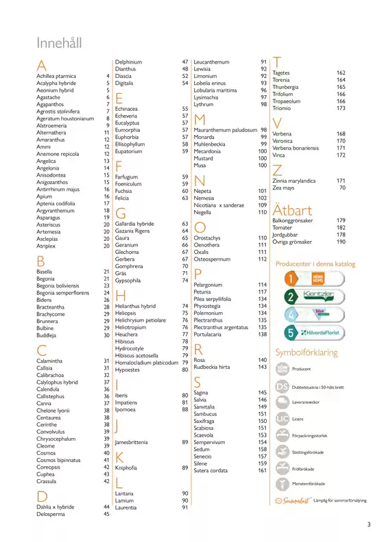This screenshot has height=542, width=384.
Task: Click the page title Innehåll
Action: [x=59, y=43]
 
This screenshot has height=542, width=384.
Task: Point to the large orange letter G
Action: [x=120, y=212]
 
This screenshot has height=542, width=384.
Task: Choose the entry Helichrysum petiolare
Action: [x=141, y=320]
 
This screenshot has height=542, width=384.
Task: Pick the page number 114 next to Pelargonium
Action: [x=262, y=284]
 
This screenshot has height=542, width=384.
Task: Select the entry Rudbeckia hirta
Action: [x=216, y=367]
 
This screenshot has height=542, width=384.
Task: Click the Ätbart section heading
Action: [x=293, y=209]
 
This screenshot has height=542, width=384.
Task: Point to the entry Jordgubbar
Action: [x=286, y=235]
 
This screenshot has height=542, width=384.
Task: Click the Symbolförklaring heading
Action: [x=306, y=353]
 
